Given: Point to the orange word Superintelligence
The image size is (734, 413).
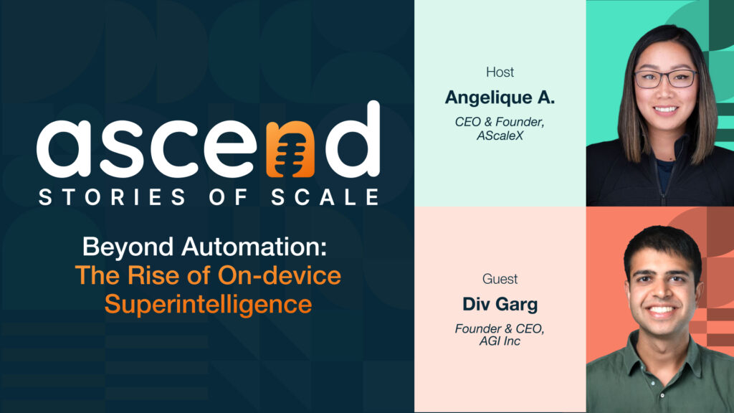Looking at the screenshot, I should pyautogui.click(x=208, y=303).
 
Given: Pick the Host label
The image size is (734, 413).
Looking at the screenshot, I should pyautogui.click(x=500, y=72).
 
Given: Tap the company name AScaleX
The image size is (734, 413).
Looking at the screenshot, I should pyautogui.click(x=500, y=136).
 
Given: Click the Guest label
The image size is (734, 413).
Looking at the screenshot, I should pyautogui.click(x=500, y=279).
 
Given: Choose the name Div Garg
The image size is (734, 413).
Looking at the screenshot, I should pyautogui.click(x=500, y=304).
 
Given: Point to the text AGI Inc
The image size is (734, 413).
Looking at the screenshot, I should pyautogui.click(x=500, y=342).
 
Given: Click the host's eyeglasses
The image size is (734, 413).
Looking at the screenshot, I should pyautogui.click(x=666, y=78).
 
